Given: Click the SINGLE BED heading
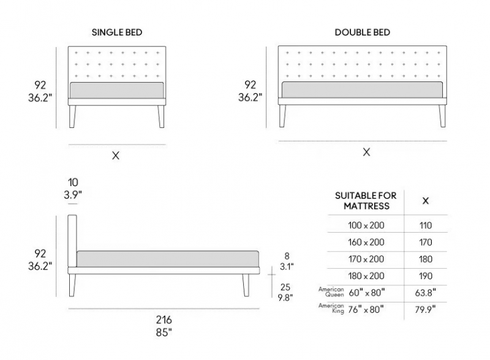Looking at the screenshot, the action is point(117,32).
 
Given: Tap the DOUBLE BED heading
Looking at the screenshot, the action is point(362,32).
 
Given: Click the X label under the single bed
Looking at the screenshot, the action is point(116,156).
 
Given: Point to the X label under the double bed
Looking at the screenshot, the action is point(366,152).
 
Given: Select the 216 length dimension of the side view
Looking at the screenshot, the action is point(164,320).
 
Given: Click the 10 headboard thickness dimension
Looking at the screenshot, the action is point(73,182).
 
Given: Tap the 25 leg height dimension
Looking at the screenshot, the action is point(285,287).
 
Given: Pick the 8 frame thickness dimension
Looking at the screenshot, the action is point(287,256).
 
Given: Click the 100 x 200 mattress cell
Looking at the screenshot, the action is point(366,225).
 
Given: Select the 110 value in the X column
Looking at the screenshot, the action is point(426,225).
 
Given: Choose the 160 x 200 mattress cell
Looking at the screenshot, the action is point(366,242).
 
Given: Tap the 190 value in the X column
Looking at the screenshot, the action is point(426,276).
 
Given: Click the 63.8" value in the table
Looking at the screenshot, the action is point(426,293).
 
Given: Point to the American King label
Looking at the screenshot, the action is point(331,308).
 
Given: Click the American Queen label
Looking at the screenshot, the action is point(331,292).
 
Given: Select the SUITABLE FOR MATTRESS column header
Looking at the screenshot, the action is point(366,201).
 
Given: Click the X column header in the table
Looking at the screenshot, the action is point(426,201).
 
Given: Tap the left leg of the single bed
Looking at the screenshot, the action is point(72,116).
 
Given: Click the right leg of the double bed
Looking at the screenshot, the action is point(442,116).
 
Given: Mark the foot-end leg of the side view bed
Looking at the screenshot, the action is point(246,285).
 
